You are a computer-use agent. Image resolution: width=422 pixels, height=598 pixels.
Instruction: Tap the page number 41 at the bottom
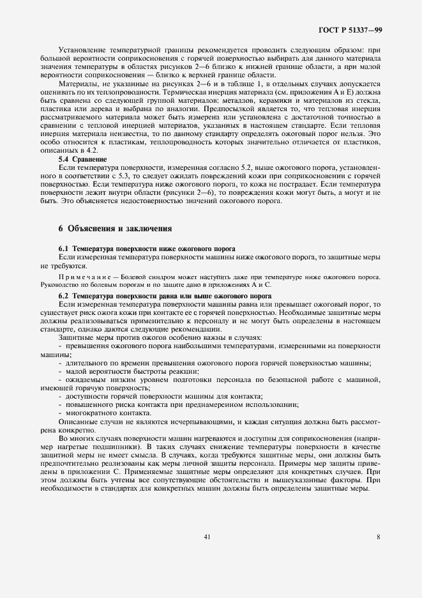coord(207,537)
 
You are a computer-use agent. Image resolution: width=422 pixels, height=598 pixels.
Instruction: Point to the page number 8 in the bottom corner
coord(379,537)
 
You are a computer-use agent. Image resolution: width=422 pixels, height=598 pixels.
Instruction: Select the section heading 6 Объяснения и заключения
coord(114,228)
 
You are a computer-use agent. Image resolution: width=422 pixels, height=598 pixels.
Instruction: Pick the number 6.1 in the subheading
coord(64,248)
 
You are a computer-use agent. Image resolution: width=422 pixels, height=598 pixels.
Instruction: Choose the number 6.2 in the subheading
coord(64,296)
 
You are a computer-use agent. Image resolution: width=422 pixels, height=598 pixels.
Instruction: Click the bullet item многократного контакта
coord(98,413)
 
